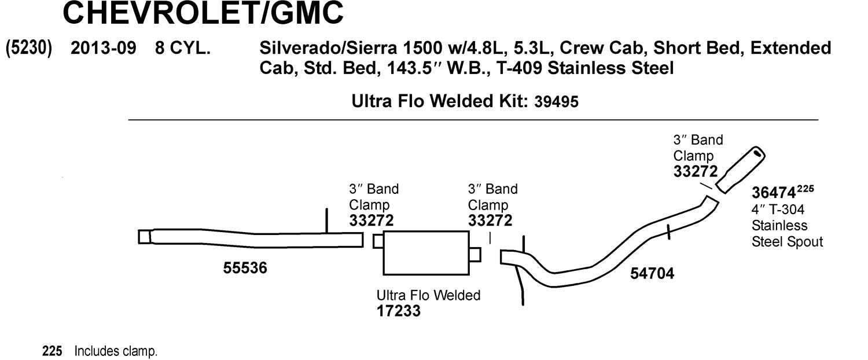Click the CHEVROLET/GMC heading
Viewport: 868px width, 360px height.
(x=203, y=14)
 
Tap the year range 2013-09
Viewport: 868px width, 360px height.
(x=103, y=48)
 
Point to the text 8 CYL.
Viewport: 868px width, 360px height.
(x=182, y=48)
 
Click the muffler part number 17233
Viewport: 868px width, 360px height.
(x=398, y=311)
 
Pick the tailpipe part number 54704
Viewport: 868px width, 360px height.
(x=652, y=273)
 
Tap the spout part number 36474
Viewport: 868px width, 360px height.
(x=773, y=192)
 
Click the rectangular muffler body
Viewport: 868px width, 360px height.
(x=426, y=253)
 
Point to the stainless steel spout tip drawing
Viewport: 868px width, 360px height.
(x=741, y=169)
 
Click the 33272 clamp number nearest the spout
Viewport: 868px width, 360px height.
(x=695, y=172)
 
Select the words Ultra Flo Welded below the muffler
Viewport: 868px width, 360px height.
(x=428, y=295)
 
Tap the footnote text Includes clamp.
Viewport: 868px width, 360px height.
(x=116, y=351)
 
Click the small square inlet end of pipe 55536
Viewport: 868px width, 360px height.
(x=144, y=237)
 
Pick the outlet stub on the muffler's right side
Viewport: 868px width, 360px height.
(x=475, y=254)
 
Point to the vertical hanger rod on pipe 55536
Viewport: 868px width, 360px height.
(x=327, y=221)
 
